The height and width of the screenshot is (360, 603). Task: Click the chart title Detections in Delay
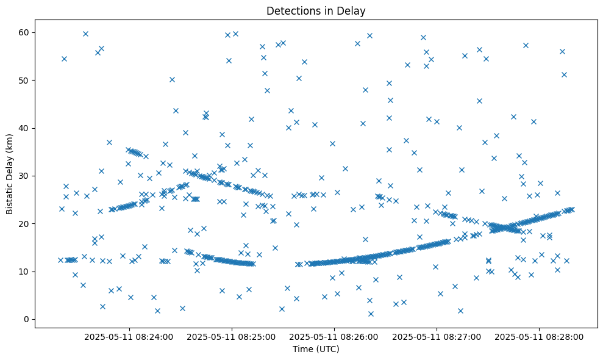click(316, 10)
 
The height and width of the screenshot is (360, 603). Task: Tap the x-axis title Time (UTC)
click(316, 349)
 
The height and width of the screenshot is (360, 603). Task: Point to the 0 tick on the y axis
click(26, 319)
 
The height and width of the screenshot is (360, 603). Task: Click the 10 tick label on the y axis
click(24, 272)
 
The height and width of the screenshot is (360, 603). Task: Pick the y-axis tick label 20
click(24, 223)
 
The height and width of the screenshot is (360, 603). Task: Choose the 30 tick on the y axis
click(24, 176)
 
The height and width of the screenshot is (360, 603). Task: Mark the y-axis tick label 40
click(24, 128)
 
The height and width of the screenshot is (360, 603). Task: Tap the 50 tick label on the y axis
click(24, 80)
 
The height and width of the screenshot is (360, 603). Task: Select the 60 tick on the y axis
click(24, 32)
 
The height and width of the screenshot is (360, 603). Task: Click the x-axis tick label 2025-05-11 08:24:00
click(129, 336)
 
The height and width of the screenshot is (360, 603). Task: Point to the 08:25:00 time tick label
click(231, 336)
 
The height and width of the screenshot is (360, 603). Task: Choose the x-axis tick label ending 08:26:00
click(334, 336)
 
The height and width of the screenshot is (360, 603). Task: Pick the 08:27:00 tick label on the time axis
click(437, 336)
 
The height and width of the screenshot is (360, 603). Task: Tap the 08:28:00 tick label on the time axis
click(539, 336)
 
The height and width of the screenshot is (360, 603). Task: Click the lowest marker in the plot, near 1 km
click(371, 314)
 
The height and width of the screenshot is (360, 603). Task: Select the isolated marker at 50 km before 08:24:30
click(172, 79)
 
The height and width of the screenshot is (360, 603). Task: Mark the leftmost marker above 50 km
click(64, 59)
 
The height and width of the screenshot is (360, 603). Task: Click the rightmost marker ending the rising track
click(571, 209)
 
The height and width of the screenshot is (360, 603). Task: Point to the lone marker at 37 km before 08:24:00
click(109, 142)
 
